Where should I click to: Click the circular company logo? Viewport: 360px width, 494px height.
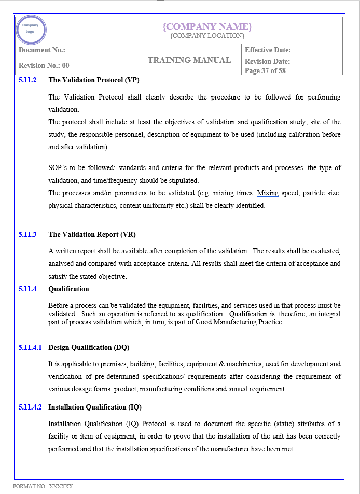tap(31, 29)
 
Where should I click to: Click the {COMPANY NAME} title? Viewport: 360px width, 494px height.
tap(207, 26)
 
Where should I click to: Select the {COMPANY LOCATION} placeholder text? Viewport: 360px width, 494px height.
tap(207, 36)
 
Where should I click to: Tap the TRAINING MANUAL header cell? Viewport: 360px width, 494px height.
tap(189, 60)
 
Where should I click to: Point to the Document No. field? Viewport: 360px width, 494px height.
tap(42, 50)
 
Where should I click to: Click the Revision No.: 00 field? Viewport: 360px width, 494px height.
tap(44, 65)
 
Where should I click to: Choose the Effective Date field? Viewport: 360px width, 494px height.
tap(268, 50)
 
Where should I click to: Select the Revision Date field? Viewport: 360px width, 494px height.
tap(267, 61)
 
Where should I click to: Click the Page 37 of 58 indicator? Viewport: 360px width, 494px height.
tap(265, 70)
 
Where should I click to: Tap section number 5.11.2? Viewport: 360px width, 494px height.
tap(27, 80)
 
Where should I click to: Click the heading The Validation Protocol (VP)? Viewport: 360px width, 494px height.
tap(93, 80)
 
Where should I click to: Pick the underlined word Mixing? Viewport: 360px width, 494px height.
tap(268, 193)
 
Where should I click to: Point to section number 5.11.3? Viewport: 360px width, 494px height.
tap(27, 234)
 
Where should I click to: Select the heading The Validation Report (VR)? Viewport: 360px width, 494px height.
tap(92, 234)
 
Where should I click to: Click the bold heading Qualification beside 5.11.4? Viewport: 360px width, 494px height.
tap(68, 289)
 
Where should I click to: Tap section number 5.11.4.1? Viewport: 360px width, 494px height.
tap(30, 347)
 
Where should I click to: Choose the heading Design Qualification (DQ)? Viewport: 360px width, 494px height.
tap(89, 347)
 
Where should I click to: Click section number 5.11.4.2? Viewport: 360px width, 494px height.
tap(30, 407)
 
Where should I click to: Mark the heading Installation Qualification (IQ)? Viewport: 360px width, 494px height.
tap(95, 407)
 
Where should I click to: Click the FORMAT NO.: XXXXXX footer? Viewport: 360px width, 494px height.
tap(43, 486)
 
